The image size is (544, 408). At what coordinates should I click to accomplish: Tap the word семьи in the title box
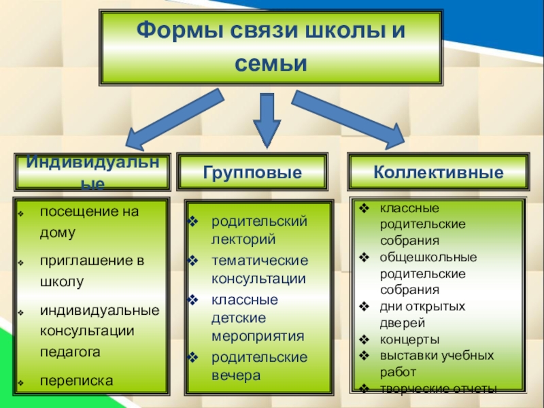[271, 64]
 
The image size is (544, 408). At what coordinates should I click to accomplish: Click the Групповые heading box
[252, 172]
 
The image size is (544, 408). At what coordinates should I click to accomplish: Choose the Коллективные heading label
[438, 172]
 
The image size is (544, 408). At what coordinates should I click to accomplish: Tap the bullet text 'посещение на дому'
[88, 221]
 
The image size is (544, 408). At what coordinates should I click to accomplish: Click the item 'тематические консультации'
[258, 269]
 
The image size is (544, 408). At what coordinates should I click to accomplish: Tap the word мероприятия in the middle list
[257, 336]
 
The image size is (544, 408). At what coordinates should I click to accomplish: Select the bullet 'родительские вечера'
[258, 365]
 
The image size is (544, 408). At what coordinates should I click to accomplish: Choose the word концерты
[409, 339]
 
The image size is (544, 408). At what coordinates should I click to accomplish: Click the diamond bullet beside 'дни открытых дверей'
[364, 306]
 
